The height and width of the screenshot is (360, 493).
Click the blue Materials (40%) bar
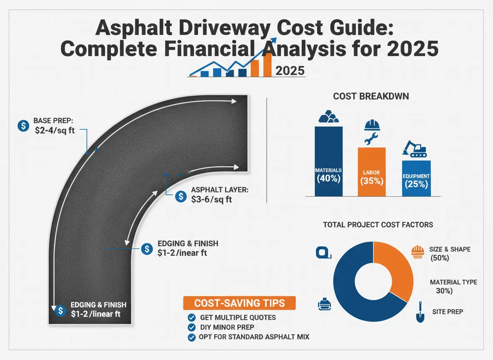(x=329, y=162)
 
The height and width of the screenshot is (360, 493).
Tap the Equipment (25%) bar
(x=416, y=179)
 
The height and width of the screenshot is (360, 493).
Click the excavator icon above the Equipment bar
(x=414, y=149)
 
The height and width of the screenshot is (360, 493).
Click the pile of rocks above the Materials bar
(x=328, y=117)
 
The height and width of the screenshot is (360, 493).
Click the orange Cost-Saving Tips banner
(x=239, y=303)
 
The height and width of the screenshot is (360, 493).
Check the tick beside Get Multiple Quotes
(x=192, y=317)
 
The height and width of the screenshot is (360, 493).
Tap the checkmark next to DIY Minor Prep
(x=192, y=327)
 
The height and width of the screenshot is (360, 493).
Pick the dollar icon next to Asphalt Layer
(x=181, y=196)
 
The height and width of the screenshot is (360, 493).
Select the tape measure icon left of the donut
(x=323, y=252)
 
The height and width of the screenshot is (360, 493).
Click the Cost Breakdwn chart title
(x=371, y=96)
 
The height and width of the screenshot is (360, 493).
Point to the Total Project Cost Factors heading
(x=378, y=225)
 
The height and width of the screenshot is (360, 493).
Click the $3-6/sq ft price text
(x=212, y=200)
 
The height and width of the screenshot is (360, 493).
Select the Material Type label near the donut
(x=453, y=282)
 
